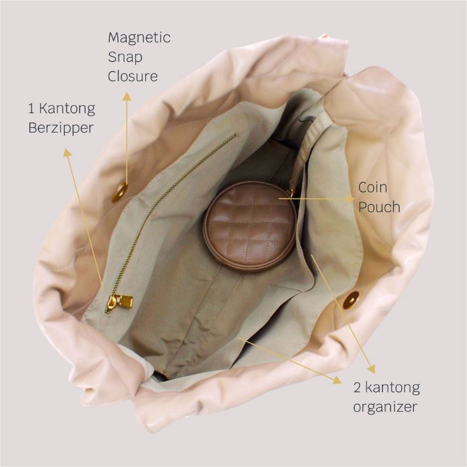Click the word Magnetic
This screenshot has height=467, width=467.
pos(139,38)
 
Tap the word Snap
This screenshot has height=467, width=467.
pos(125,57)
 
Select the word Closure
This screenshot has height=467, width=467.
pos(133,76)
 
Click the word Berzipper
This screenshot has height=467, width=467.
pos(61,128)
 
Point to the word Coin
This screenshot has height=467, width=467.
pos(372,187)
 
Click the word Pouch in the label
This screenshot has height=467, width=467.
pos(379,207)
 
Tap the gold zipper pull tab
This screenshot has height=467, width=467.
pos(120,301)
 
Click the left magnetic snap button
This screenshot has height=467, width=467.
pos(120,190)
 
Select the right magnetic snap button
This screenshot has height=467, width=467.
pos(351,299)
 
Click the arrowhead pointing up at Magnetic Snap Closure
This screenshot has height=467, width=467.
pos(127,96)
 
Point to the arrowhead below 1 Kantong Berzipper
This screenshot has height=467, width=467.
pos(67,152)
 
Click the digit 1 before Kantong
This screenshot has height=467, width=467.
pos(30,109)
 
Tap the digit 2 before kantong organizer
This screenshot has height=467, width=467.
pos(357,388)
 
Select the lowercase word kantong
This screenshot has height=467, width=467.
pos(393,388)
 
